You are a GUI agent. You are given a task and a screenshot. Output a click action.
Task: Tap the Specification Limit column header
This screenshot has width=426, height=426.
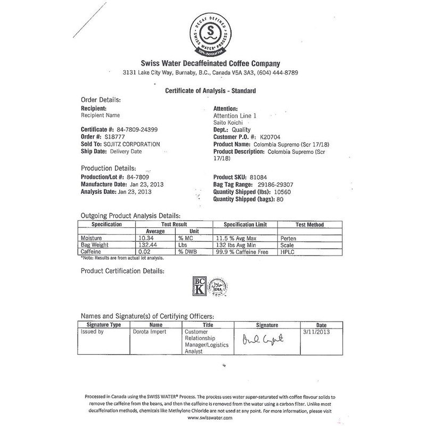tap(244, 225)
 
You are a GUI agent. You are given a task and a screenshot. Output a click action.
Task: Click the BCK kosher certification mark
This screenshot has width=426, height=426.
tap(197, 287)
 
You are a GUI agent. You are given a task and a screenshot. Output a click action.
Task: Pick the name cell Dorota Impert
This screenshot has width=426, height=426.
tap(149, 331)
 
